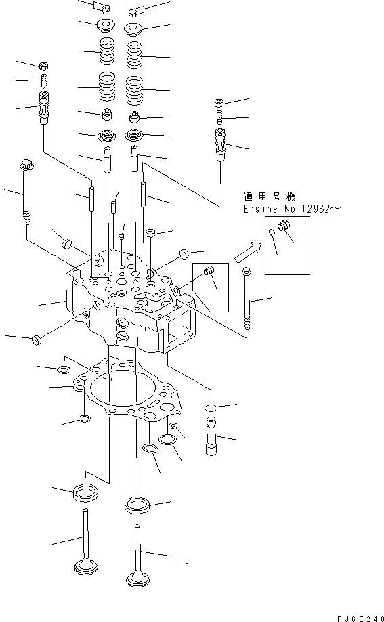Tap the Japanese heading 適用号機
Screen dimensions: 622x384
tap(266, 196)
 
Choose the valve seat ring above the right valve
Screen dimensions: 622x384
tap(137, 505)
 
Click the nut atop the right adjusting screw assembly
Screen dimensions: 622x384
tap(220, 103)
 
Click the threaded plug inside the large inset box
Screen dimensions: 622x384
tap(284, 234)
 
